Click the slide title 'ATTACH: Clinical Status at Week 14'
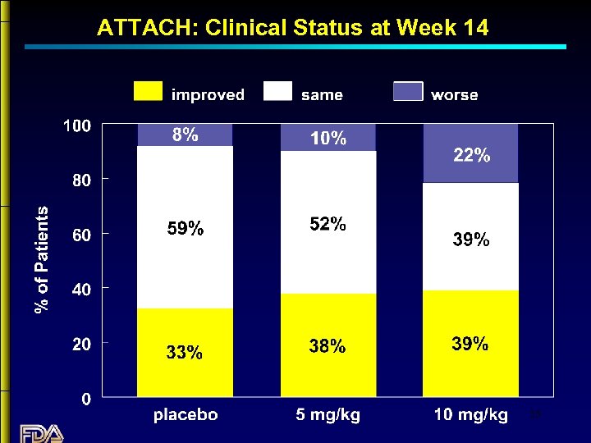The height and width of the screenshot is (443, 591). [x=292, y=28]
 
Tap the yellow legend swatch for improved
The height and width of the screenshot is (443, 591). [x=149, y=92]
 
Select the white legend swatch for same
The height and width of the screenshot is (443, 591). [x=277, y=92]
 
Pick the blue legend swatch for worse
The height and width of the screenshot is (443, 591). [x=408, y=92]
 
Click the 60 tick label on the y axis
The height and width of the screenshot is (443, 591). [x=81, y=235]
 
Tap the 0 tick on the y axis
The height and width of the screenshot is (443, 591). [x=86, y=400]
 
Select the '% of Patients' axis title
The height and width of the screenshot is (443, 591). [x=42, y=259]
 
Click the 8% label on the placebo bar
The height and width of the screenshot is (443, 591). [x=185, y=135]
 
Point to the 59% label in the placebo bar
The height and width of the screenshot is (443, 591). [x=185, y=230]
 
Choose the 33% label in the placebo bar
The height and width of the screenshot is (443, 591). [x=185, y=353]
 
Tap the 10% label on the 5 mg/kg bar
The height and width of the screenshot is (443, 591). [x=328, y=139]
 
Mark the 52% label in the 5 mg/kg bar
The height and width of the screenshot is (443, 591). [x=328, y=224]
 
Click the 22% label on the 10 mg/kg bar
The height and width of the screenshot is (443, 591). [x=472, y=155]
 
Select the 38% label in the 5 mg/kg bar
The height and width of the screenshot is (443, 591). [x=328, y=347]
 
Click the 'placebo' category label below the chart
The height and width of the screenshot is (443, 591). [x=186, y=415]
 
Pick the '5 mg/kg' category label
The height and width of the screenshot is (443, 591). [x=328, y=415]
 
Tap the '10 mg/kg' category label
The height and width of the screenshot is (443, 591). [x=470, y=415]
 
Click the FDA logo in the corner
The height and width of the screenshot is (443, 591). [x=40, y=432]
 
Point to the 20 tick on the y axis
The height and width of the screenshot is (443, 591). [x=81, y=345]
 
